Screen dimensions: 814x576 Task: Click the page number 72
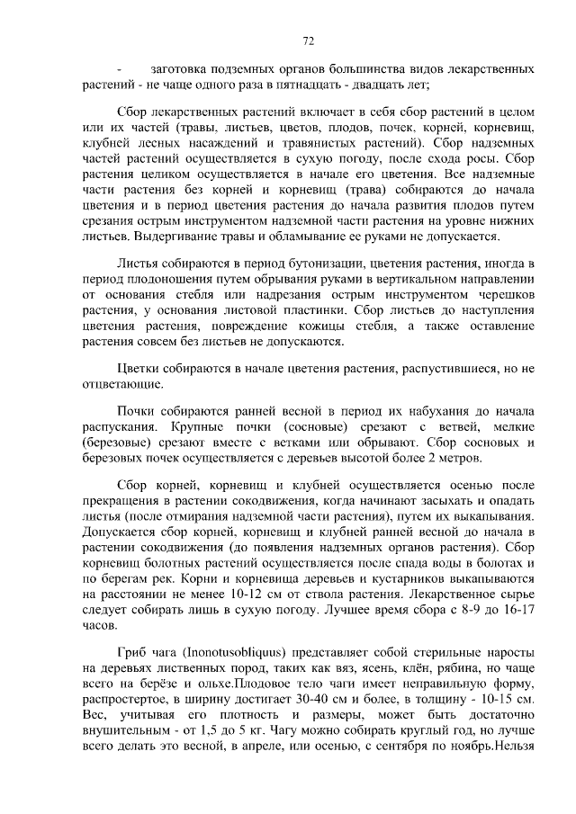pyautogui.click(x=308, y=40)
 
